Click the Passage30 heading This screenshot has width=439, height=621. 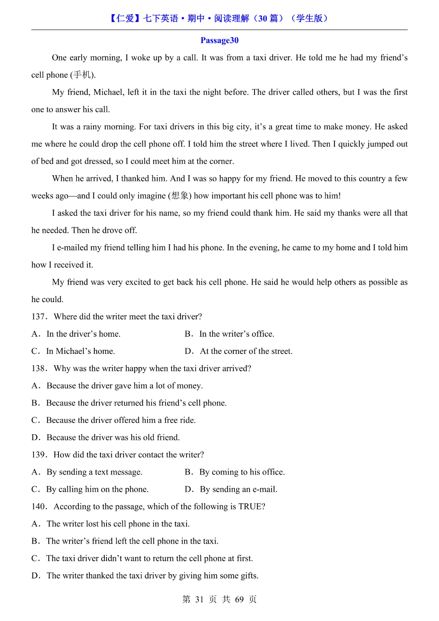click(219, 40)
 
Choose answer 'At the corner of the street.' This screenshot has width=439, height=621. click(246, 351)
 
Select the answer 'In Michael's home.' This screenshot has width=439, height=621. click(80, 351)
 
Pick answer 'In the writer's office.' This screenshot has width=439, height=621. click(237, 334)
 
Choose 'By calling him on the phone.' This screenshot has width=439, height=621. click(97, 489)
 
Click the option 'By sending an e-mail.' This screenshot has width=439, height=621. click(238, 489)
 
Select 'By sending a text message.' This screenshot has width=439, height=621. click(94, 472)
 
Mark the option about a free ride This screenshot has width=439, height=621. click(121, 421)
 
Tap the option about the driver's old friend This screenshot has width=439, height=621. click(113, 438)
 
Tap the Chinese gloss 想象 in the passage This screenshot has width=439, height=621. click(180, 196)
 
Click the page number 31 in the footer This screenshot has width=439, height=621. click(199, 599)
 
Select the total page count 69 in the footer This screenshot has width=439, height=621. click(239, 599)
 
